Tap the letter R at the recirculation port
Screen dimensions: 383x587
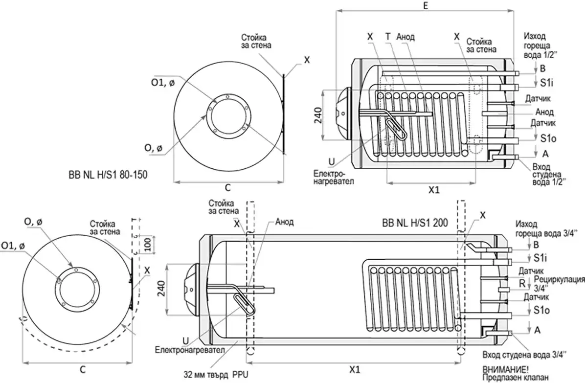tap(522, 283)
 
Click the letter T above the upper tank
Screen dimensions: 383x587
tap(387, 36)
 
